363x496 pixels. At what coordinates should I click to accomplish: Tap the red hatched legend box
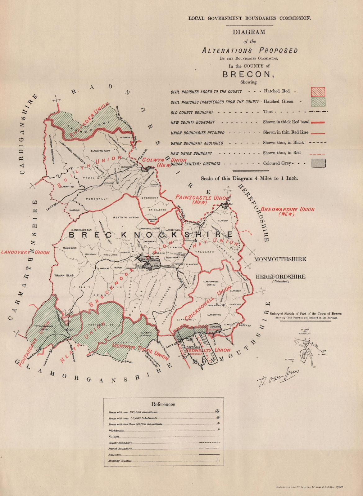point(318,92)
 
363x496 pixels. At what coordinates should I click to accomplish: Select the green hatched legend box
point(318,102)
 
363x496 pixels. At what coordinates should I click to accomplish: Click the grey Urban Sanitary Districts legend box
point(318,163)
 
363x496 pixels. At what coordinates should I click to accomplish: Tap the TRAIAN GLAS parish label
point(64,275)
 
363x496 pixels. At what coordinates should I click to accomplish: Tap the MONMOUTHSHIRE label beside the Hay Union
point(280,259)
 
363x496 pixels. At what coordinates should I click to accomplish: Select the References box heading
point(163,404)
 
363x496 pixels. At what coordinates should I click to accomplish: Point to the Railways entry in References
point(114,455)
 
